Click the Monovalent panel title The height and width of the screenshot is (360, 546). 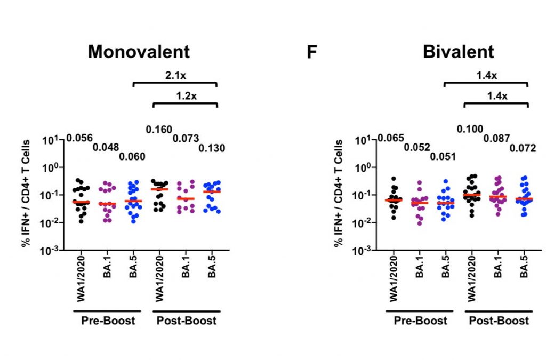(139, 52)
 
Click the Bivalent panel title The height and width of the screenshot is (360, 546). (458, 52)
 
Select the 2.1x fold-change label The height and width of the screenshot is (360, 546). (175, 75)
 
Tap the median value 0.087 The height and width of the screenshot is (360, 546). (497, 138)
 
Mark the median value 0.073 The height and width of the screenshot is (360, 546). (186, 138)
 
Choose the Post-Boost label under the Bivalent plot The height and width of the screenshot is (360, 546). (499, 321)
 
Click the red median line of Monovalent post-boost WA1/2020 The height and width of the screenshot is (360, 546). (159, 189)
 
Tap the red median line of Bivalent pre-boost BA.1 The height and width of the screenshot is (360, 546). (419, 203)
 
